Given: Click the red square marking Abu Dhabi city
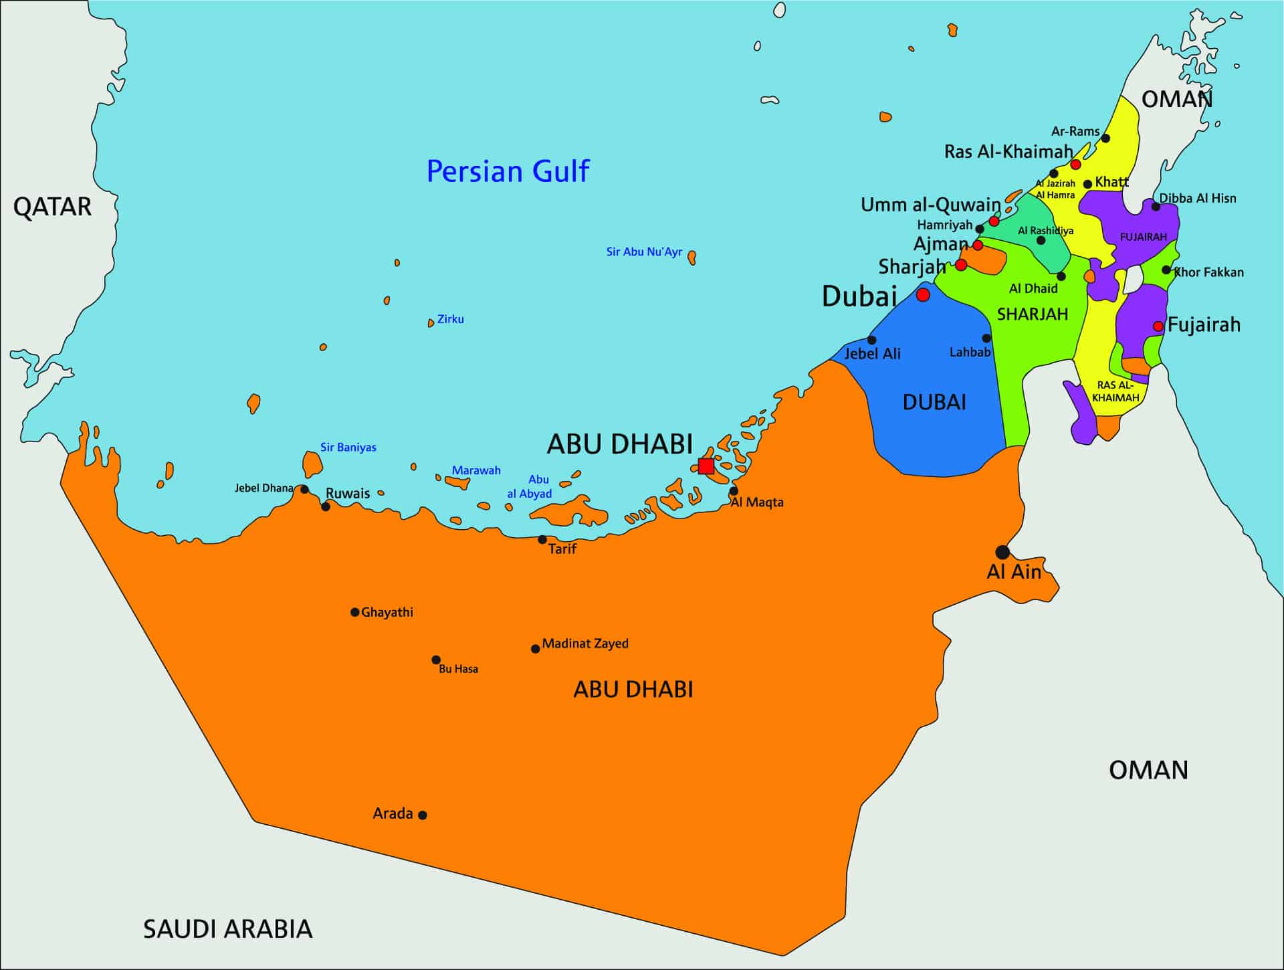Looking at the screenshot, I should [x=706, y=466].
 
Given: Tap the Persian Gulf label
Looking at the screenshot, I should [x=508, y=171].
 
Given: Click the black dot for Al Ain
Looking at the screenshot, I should [x=1002, y=552].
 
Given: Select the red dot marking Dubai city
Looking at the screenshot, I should [x=923, y=294].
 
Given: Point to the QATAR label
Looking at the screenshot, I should [x=52, y=207].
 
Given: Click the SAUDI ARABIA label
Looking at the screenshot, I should [x=227, y=929].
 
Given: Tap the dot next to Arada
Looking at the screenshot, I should [x=423, y=815].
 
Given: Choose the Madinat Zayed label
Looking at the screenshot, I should [x=584, y=644].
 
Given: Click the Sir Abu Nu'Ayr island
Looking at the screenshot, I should [x=692, y=257].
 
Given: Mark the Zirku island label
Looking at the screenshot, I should [x=450, y=319].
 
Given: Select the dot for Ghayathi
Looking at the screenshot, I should [x=355, y=612].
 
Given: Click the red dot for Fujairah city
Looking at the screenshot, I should [x=1158, y=326].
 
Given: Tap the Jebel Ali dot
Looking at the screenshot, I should [x=871, y=340].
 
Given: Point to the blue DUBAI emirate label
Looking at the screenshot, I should [x=934, y=402].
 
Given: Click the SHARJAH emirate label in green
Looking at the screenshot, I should [x=1032, y=314].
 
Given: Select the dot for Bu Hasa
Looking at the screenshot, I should [x=436, y=660].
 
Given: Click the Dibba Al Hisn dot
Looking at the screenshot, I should [x=1156, y=206].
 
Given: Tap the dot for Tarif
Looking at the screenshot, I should [x=542, y=539].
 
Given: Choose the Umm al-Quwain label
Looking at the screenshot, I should [x=930, y=205].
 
